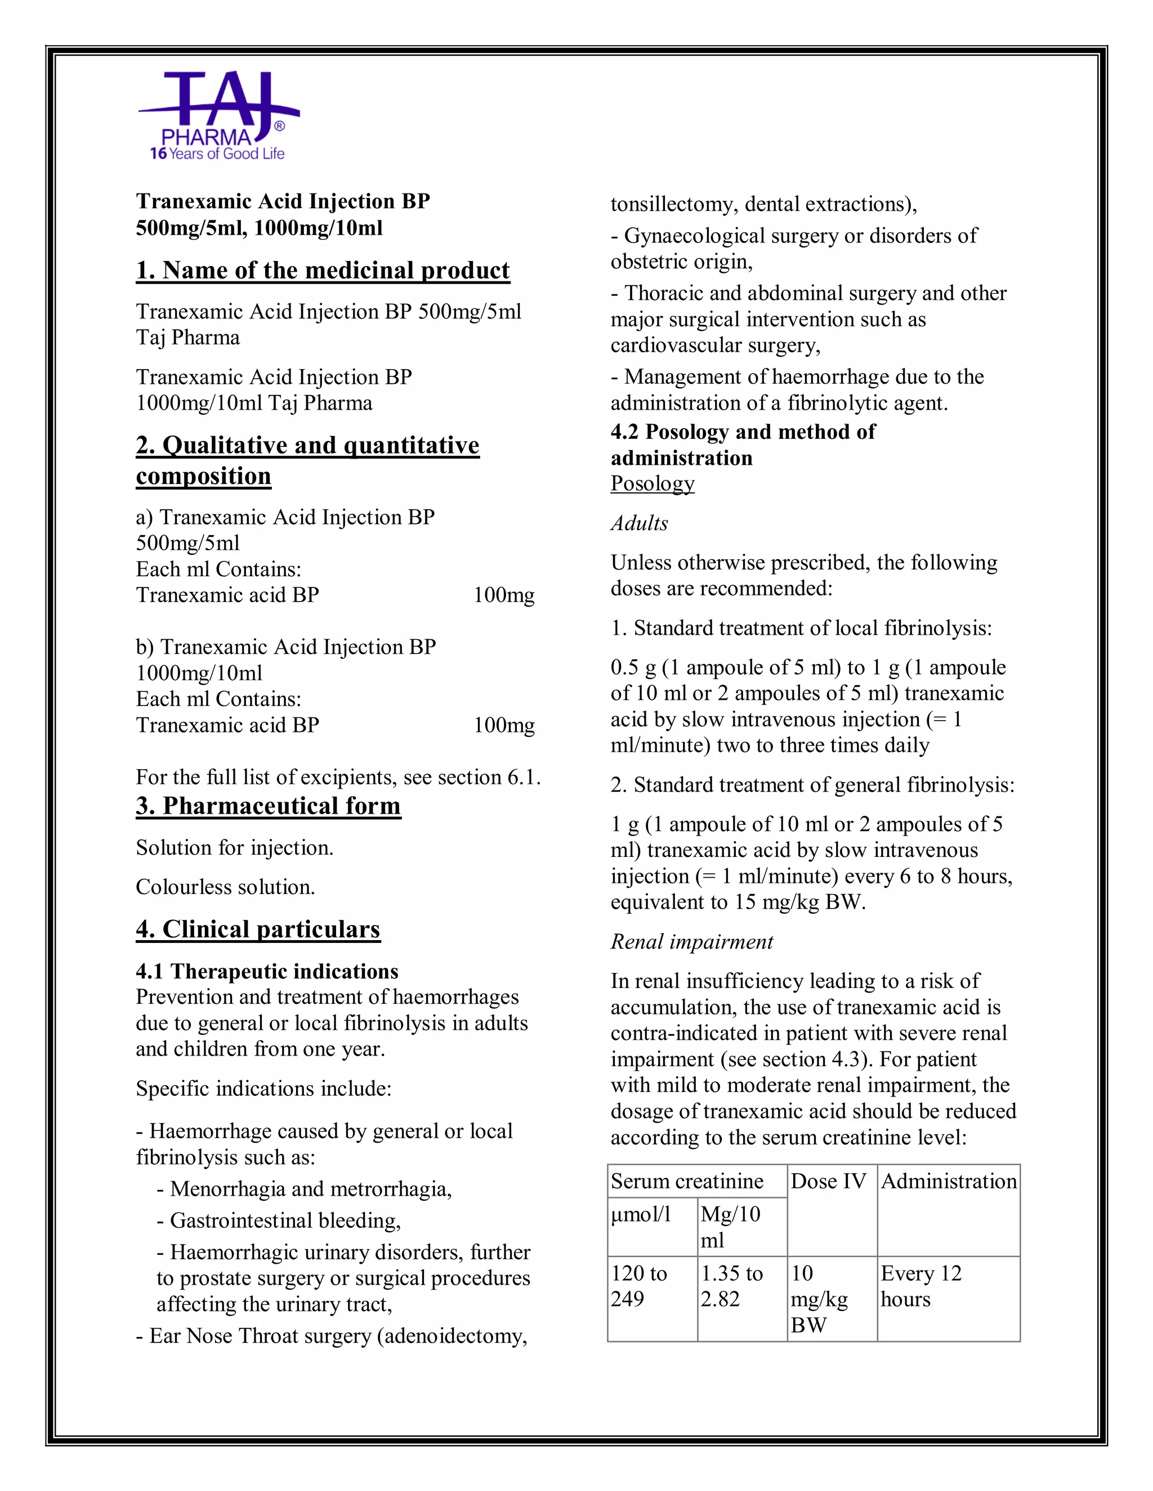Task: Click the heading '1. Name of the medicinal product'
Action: [x=323, y=270]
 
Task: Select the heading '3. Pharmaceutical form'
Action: [x=268, y=806]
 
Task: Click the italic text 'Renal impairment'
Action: [x=691, y=941]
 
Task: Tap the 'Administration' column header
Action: [x=948, y=1181]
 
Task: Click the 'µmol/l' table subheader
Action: [x=641, y=1214]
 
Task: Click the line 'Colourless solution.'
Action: [x=225, y=887]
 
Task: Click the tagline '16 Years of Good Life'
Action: [x=217, y=154]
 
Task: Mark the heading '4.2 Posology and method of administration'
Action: [x=742, y=444]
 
